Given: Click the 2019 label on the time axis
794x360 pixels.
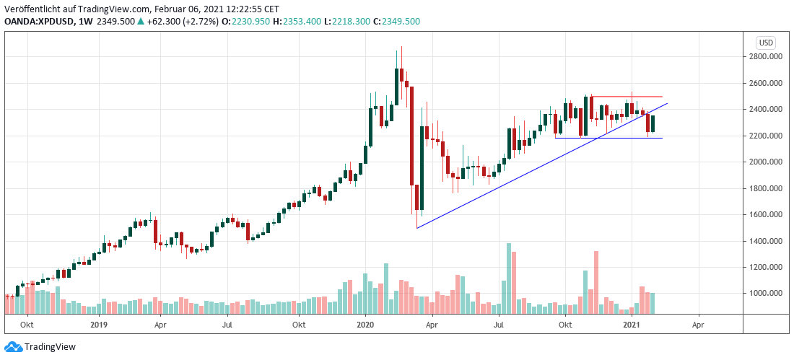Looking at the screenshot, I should [x=98, y=325].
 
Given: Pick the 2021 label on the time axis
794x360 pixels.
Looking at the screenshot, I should [x=632, y=325].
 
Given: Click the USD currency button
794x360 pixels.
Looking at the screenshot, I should [x=765, y=42].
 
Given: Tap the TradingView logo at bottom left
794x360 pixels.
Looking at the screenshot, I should [x=40, y=347].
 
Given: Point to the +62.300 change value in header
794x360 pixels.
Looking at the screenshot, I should [x=142, y=22].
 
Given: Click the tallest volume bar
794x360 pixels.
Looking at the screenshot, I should [x=509, y=278].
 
